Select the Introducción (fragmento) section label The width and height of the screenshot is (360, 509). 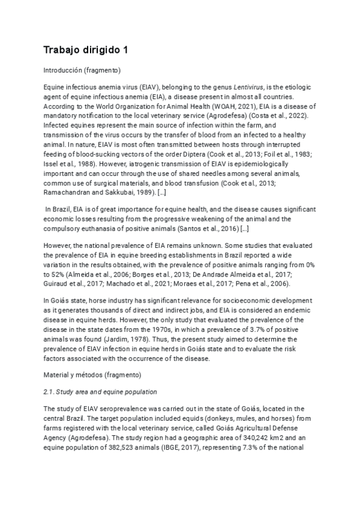click(82, 70)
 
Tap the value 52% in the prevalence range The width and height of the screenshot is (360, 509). click(53, 274)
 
